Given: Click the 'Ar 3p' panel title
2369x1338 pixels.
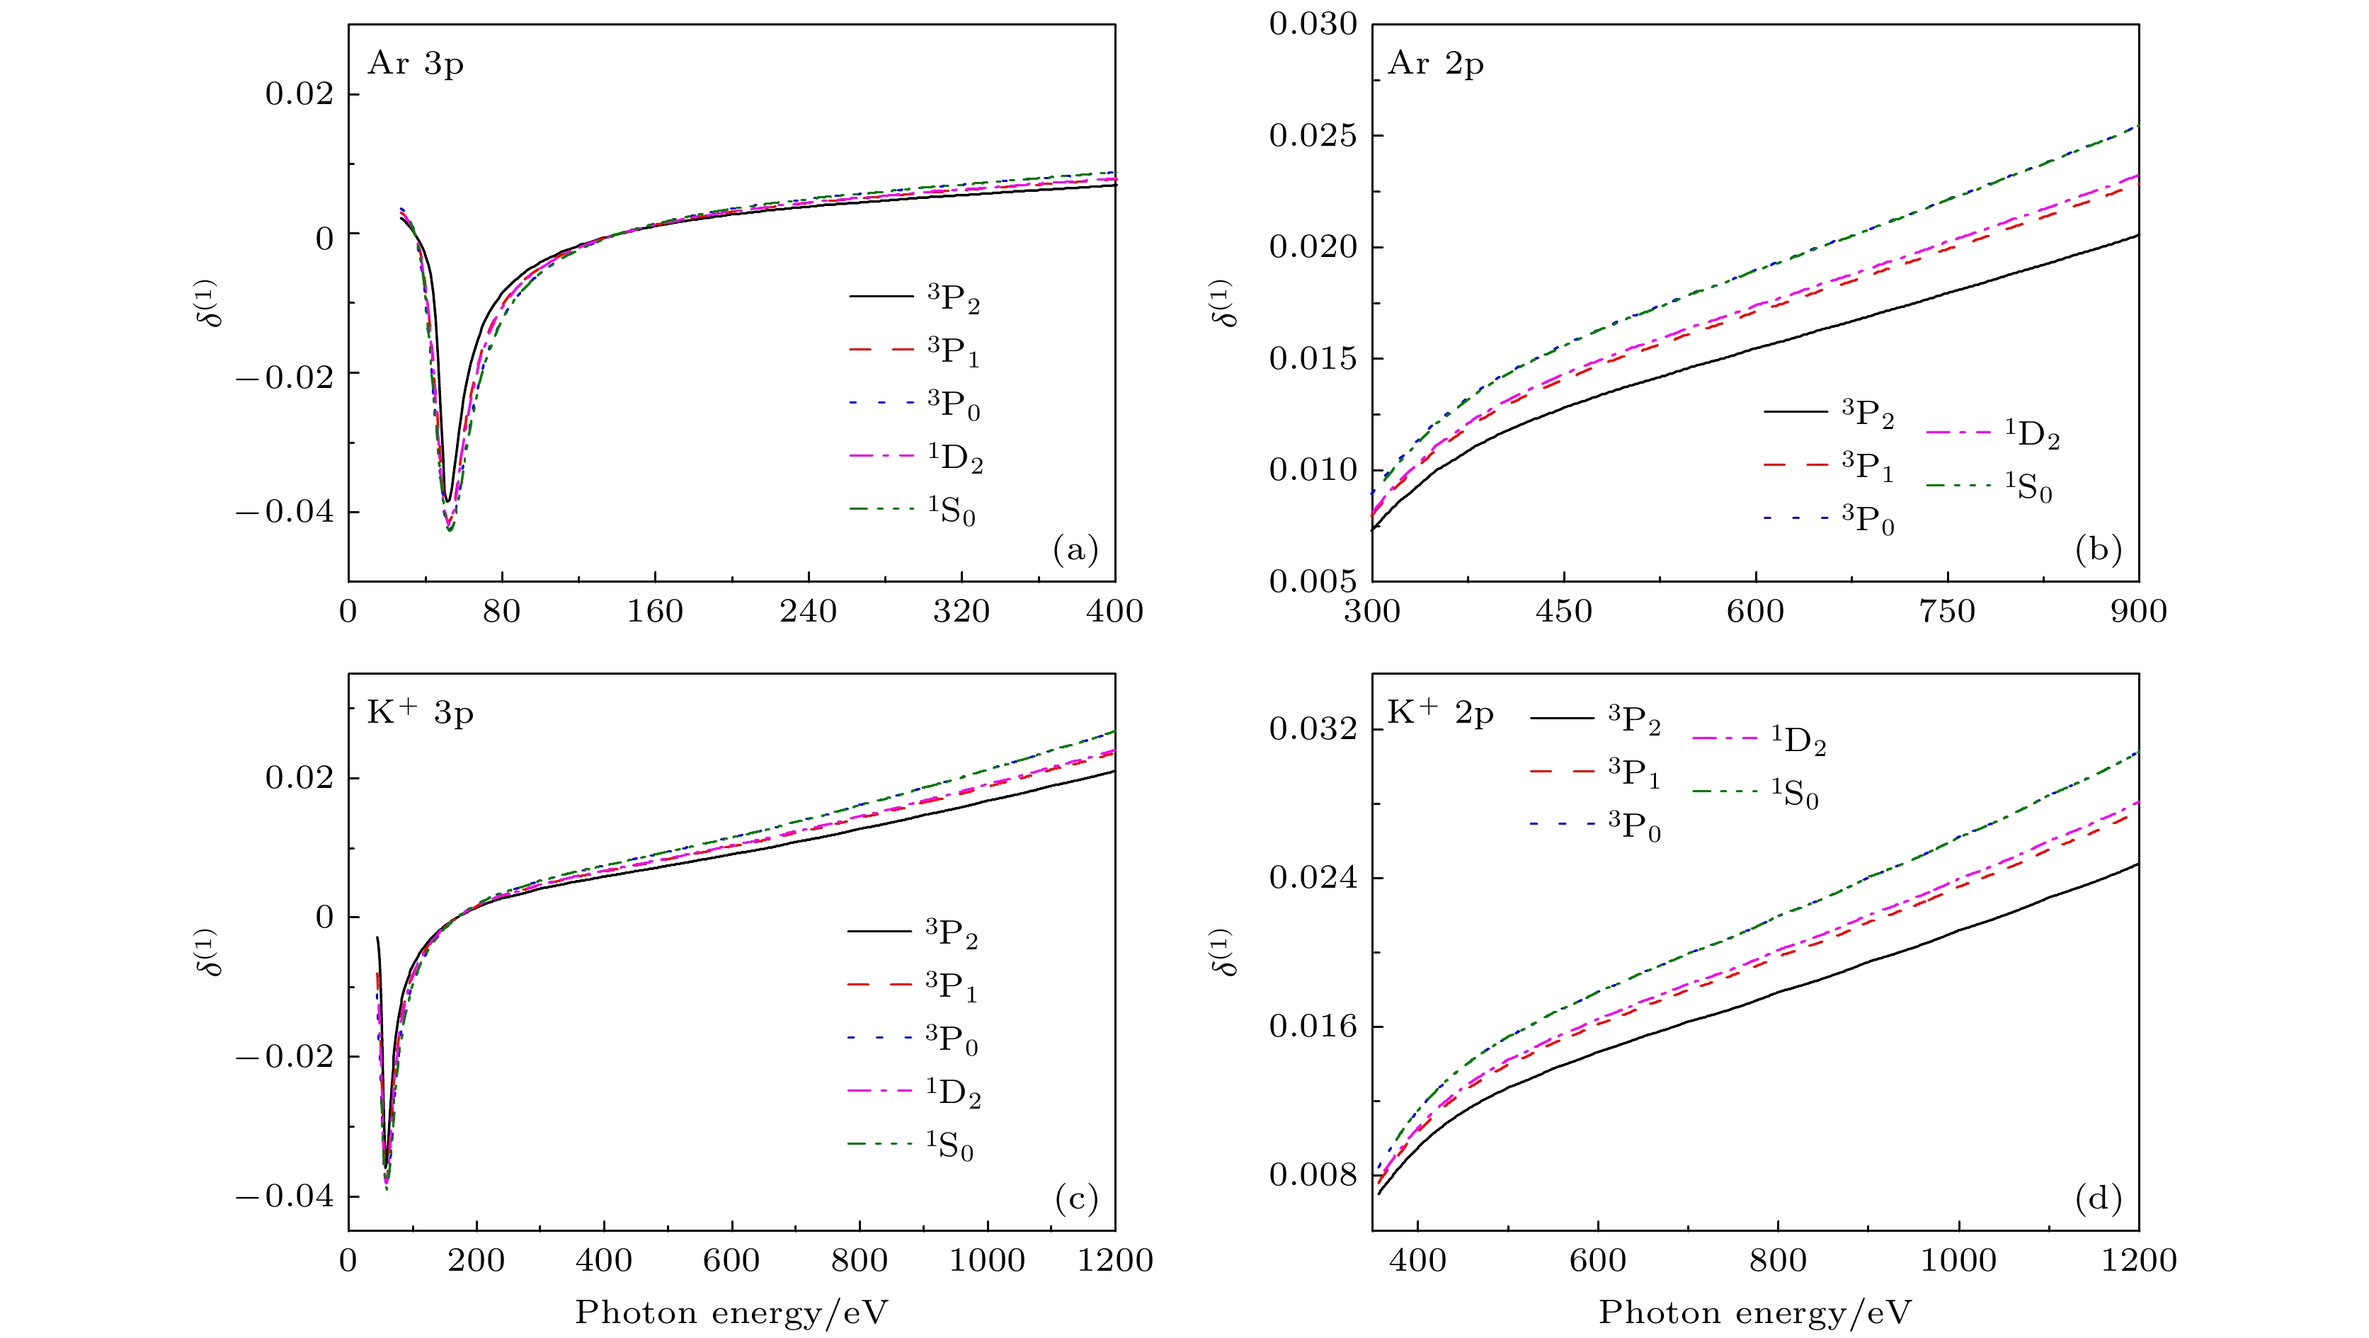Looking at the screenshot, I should point(416,64).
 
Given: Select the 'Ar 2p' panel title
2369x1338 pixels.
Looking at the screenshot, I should point(1436,64).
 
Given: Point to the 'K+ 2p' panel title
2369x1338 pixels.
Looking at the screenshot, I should point(1440,713).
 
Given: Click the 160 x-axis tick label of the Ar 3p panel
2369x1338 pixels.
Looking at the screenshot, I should point(655,612).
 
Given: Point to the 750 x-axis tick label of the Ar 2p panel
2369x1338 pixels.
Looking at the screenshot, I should point(1947,612).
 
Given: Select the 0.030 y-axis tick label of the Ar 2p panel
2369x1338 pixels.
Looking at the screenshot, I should point(1313,25).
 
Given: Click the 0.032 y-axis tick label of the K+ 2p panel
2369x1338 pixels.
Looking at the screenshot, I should point(1313,729).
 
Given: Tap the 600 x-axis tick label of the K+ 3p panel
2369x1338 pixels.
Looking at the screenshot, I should point(731,1260).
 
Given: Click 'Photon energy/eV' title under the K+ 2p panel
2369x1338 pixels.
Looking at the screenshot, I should point(1754,1313).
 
